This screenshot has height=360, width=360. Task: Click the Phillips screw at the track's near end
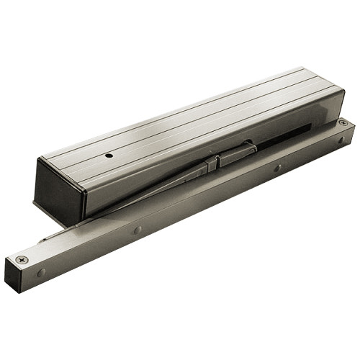coord(19,258)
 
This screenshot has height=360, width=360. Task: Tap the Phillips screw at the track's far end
coord(343,123)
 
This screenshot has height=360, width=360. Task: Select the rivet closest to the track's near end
coord(42,272)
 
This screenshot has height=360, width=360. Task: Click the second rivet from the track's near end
coord(138,230)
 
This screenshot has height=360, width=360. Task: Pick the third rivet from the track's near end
coord(277,168)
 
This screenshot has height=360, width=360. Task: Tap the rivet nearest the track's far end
coord(340,140)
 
